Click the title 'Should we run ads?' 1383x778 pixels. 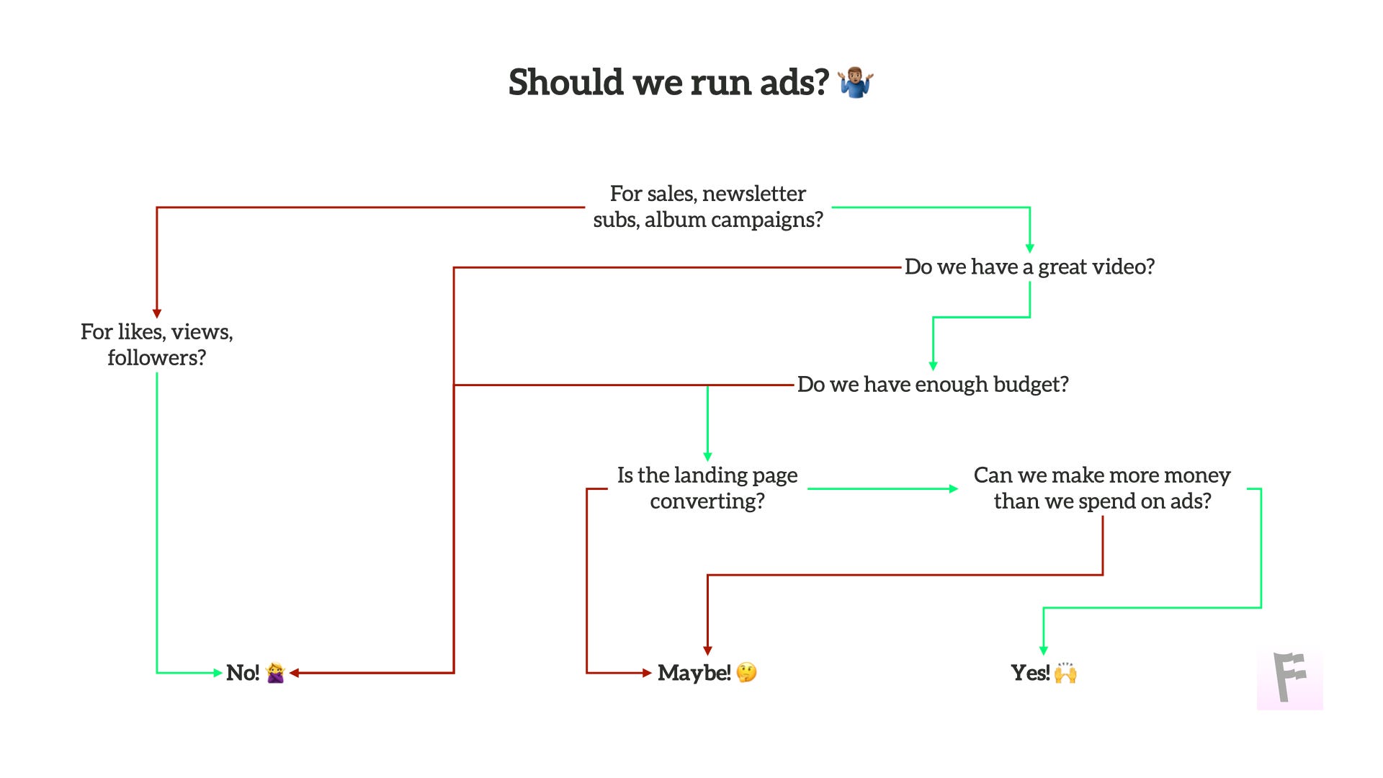click(668, 82)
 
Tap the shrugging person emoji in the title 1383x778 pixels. click(856, 82)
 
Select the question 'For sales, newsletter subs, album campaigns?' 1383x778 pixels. click(707, 207)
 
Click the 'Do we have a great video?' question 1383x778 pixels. click(1029, 267)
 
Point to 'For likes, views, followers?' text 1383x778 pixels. click(157, 344)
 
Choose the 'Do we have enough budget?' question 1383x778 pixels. click(933, 385)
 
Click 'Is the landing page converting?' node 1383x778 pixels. click(707, 488)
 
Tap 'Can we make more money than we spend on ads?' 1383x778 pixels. click(1102, 488)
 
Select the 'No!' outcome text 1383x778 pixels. click(243, 673)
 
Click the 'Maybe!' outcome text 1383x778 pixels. click(694, 673)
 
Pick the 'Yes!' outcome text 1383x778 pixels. click(1030, 673)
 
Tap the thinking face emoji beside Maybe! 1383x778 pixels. click(747, 673)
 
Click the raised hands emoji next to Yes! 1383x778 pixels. click(1065, 674)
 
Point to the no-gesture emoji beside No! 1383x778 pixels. click(275, 673)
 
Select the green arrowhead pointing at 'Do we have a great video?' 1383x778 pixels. click(1029, 248)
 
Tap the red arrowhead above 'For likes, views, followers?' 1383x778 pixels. click(157, 313)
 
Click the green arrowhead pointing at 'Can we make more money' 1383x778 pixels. click(953, 488)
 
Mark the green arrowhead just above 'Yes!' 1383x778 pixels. click(1043, 650)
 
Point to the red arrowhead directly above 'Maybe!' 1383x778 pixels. click(707, 650)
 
